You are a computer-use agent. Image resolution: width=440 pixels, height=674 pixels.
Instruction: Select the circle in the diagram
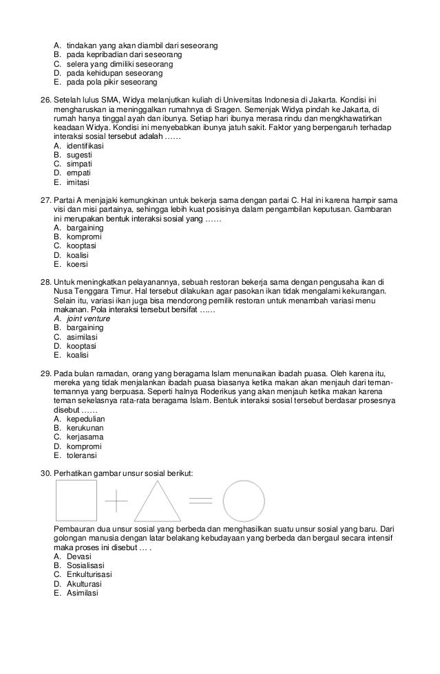(x=244, y=499)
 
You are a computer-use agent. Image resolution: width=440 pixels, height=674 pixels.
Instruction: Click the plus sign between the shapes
(x=117, y=500)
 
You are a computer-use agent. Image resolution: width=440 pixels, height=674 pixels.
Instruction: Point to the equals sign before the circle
(x=200, y=499)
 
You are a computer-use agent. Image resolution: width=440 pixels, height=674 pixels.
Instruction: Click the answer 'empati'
(x=80, y=173)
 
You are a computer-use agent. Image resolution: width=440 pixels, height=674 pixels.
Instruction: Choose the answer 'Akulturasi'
(x=87, y=584)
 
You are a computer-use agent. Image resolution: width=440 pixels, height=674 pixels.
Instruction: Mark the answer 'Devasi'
(x=78, y=556)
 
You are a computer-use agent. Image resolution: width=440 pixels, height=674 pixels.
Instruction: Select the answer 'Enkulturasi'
(x=89, y=574)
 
